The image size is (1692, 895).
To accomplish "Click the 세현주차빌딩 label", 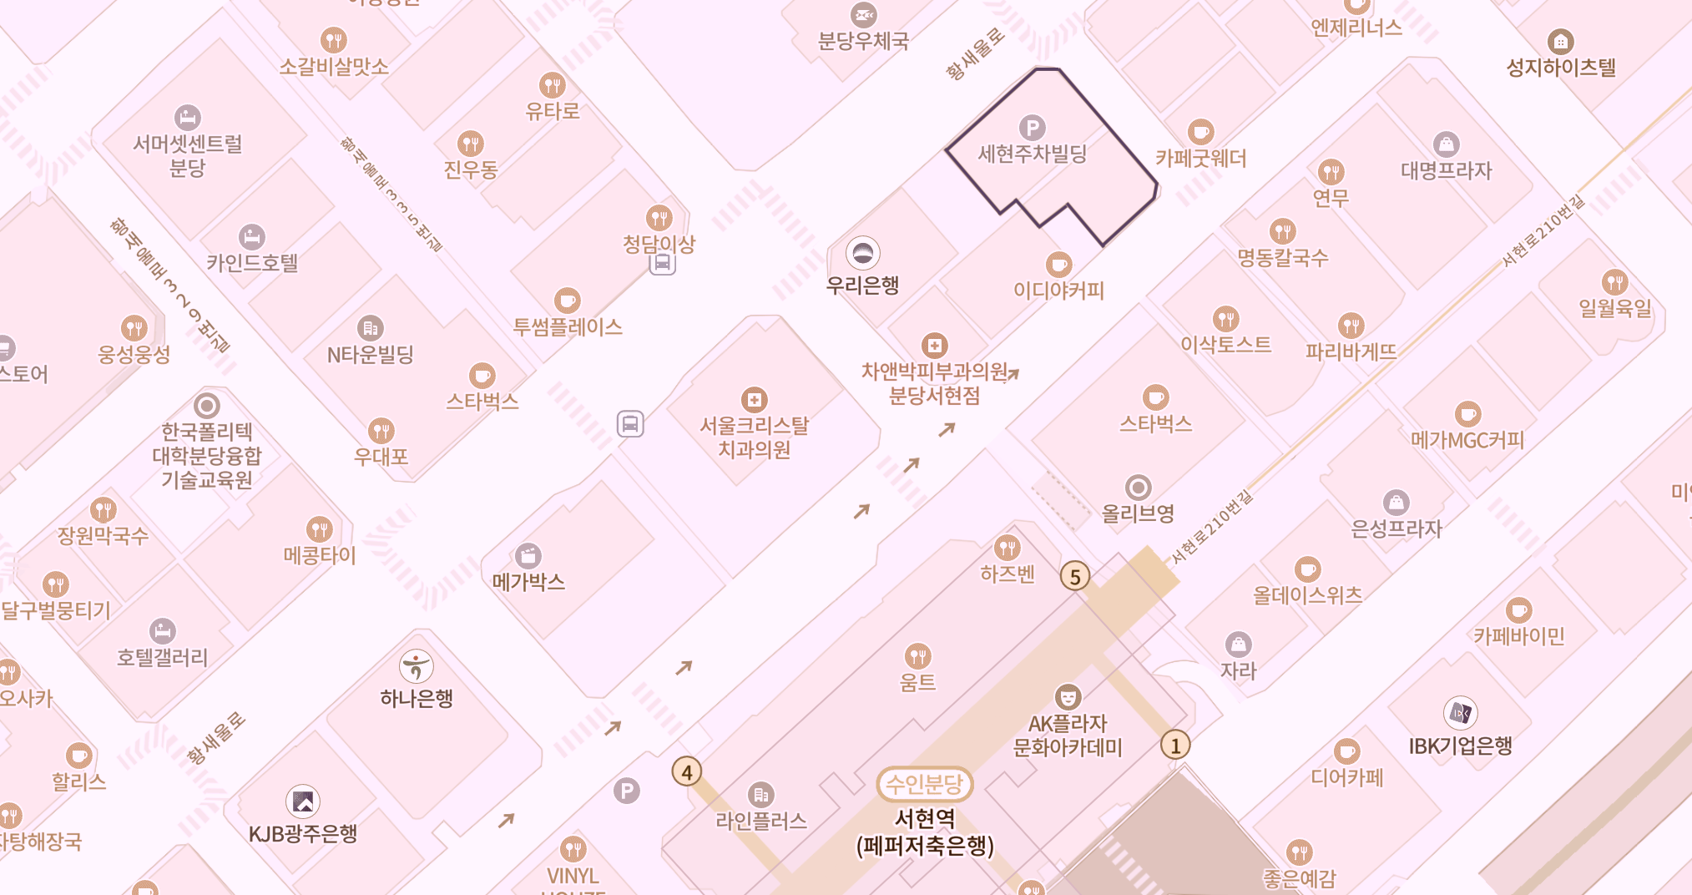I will coord(1032,154).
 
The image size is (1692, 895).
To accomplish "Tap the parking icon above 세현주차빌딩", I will coord(1033,128).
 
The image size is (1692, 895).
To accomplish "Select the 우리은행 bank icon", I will coord(862,251).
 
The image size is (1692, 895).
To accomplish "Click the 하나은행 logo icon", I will coord(417,666).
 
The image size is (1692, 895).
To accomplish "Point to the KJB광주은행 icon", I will coord(303,801).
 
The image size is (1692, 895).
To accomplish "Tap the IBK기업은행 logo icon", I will coord(1460,713).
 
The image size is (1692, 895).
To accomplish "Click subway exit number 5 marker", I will coord(1075,576).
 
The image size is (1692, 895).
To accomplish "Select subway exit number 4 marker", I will coord(687,771).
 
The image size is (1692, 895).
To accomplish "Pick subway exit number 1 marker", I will coord(1175,745).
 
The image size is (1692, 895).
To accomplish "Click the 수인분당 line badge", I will coord(924,784).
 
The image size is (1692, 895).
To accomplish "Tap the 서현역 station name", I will coord(924,817).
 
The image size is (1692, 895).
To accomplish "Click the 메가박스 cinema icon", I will coord(528,555).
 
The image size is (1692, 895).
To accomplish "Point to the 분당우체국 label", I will coord(863,41).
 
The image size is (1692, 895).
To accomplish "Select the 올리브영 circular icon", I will coord(1138,487).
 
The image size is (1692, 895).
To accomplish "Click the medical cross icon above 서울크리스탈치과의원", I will coord(755,400).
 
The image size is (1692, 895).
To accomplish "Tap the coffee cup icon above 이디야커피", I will coord(1058,265).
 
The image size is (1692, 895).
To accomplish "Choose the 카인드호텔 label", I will coord(252,263).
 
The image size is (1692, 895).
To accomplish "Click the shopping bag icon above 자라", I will coord(1239,644).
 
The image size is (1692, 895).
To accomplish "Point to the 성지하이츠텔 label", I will coord(1560,68).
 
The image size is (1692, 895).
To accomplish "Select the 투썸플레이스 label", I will coord(568,327).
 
